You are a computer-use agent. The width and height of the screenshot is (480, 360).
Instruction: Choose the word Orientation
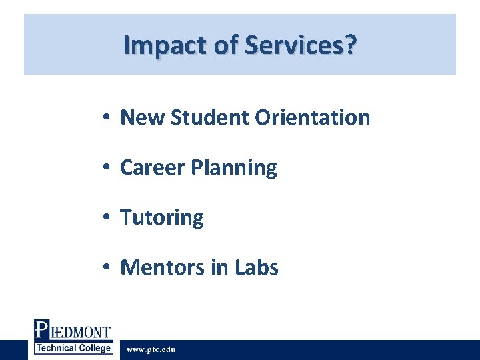[312, 118]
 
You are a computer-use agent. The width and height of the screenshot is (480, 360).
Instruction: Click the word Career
[153, 168]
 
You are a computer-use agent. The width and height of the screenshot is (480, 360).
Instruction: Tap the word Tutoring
[162, 218]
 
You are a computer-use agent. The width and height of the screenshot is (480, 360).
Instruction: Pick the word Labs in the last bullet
[257, 268]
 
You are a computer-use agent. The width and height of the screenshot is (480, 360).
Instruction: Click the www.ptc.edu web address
[151, 349]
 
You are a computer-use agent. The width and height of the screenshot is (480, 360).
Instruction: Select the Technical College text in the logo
[73, 349]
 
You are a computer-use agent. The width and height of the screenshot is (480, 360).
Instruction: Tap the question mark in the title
[351, 45]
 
